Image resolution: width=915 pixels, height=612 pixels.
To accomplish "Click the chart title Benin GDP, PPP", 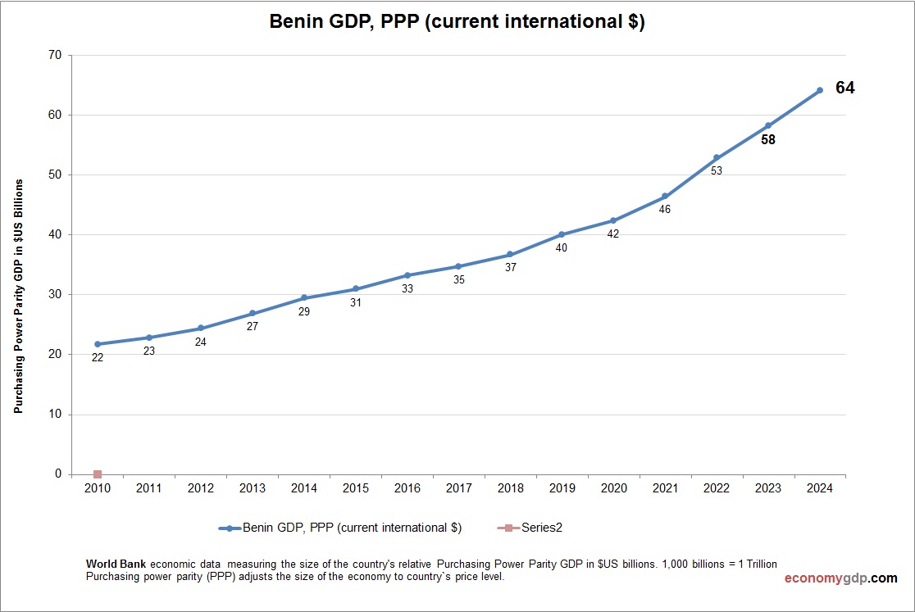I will tap(457, 23).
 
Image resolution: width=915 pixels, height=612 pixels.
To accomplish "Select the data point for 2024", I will tap(819, 90).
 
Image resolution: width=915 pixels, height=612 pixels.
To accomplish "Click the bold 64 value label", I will tap(844, 88).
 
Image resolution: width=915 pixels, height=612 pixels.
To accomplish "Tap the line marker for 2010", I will tap(98, 344).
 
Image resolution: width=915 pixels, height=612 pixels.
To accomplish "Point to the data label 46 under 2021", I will tap(665, 210).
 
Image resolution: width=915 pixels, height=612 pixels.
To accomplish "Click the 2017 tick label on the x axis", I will tap(458, 488).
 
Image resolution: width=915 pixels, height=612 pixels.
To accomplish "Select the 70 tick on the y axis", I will tap(55, 56).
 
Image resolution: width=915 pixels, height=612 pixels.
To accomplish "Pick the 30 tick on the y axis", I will tap(55, 295).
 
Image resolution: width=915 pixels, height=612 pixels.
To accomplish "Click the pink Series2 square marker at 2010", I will tap(98, 474).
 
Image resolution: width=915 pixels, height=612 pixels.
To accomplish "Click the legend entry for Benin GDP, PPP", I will tap(340, 528).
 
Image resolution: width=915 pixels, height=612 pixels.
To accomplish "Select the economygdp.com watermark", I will tap(840, 578).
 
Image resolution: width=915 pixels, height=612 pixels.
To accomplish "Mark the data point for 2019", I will tap(562, 234).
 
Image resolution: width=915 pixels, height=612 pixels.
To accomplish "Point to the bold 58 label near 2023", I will tap(768, 140).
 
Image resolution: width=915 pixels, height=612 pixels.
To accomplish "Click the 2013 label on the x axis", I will tap(253, 488).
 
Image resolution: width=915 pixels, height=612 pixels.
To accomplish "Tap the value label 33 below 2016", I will tap(407, 289).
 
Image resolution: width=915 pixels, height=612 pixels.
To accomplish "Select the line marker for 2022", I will tap(717, 157).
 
